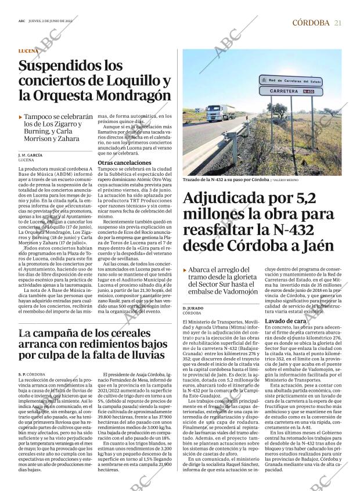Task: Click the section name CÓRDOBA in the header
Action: pos(311,23)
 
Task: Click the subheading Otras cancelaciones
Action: pos(124,163)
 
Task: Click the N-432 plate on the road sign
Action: pos(309,91)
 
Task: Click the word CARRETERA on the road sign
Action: pos(278,91)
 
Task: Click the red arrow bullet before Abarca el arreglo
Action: pos(185,270)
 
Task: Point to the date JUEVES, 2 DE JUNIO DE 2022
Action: pos(60,23)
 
